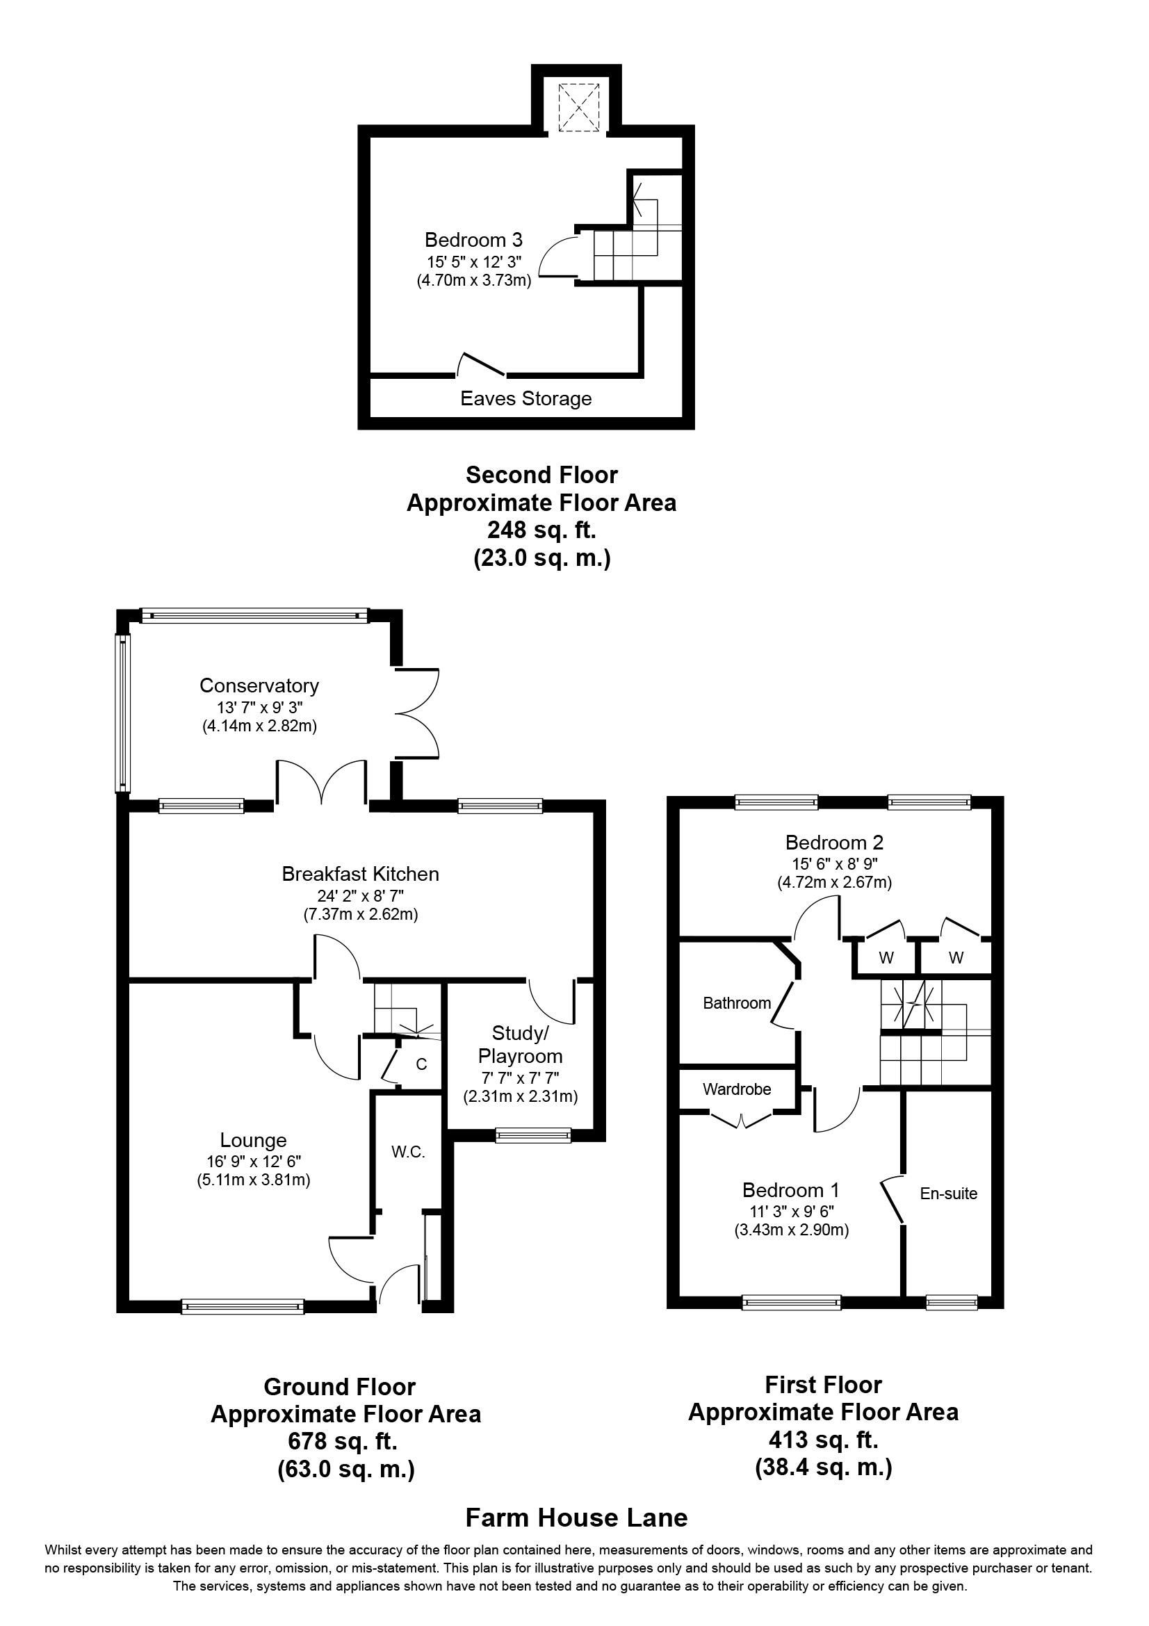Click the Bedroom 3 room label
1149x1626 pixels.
tap(473, 239)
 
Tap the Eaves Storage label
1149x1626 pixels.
tap(525, 399)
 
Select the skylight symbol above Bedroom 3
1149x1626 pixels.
tap(579, 107)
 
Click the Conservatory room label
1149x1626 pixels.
tap(259, 685)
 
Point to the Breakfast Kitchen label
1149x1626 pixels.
tap(360, 874)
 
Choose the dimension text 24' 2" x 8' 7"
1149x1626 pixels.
tap(360, 895)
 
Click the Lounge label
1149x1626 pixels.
tap(254, 1140)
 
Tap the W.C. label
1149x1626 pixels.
tap(409, 1152)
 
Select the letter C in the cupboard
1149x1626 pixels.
tap(421, 1064)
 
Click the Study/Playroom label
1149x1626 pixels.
tap(521, 1045)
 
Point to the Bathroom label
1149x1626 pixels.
tap(737, 1003)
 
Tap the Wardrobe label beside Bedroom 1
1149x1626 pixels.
tap(737, 1089)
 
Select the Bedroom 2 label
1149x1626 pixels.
tap(834, 843)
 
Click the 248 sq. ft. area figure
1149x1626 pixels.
tap(541, 530)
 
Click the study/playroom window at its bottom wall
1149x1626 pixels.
tap(533, 1135)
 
